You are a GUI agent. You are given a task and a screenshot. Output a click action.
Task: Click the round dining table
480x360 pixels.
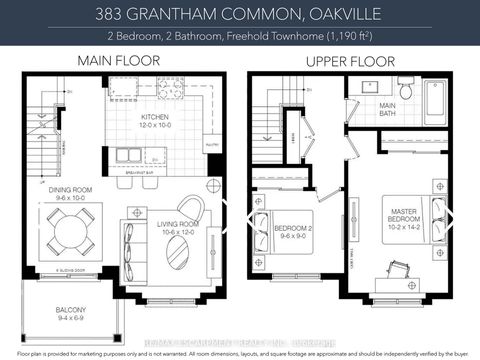point(67,241)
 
